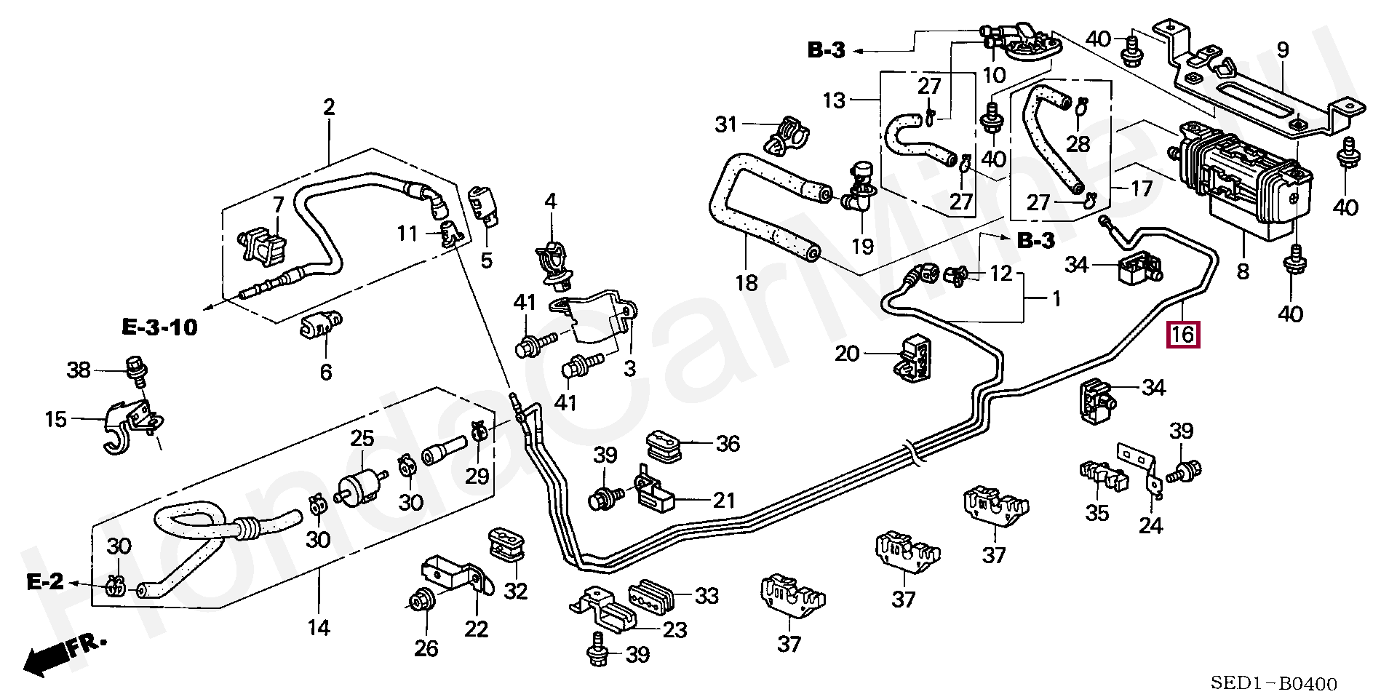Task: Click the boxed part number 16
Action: [x=1182, y=335]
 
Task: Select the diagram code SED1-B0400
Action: [x=1273, y=684]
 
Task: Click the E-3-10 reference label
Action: [x=159, y=327]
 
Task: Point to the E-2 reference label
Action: [x=45, y=581]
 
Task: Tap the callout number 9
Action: [x=1282, y=50]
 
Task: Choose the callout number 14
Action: [x=319, y=627]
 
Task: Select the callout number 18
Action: [x=747, y=282]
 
